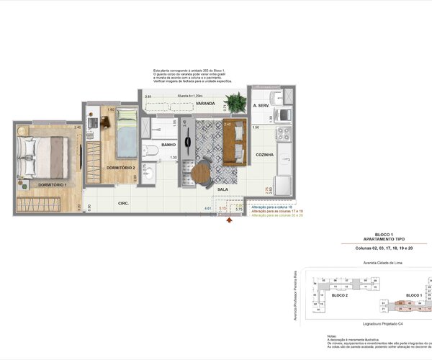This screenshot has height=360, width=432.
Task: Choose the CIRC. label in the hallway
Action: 123,204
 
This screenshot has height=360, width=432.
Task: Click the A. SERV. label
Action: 261,106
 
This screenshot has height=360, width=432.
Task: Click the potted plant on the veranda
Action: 234,102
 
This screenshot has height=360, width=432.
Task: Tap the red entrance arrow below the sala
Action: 229,222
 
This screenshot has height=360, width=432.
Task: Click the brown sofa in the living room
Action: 234,144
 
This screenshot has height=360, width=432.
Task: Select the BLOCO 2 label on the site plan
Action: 339,296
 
